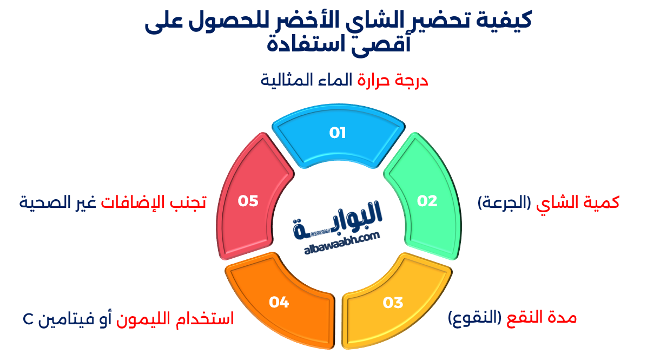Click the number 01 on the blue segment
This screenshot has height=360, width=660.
(338, 133)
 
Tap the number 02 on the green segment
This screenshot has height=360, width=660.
(427, 201)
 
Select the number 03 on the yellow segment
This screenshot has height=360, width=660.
(393, 303)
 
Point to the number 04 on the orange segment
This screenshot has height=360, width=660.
(279, 303)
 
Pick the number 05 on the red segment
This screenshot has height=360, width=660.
(248, 201)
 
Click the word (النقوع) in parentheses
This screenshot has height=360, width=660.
(474, 318)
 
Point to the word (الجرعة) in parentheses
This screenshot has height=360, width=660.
(505, 203)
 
